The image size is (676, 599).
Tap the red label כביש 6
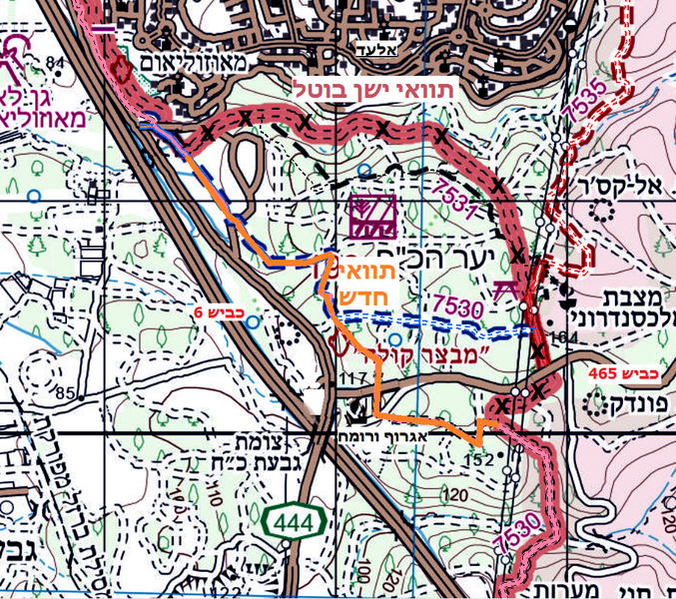coord(220,313)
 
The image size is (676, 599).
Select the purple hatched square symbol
coord(372,216)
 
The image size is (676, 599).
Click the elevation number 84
coord(53,65)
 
